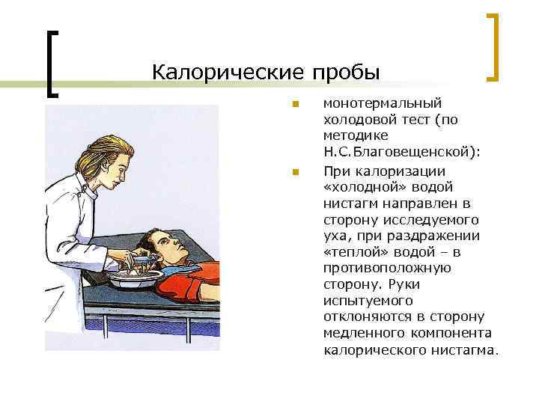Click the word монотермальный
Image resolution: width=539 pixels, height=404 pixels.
click(x=383, y=103)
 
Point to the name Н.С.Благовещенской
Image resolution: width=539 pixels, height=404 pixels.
click(x=402, y=152)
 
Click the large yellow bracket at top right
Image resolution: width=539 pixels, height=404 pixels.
click(x=493, y=46)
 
